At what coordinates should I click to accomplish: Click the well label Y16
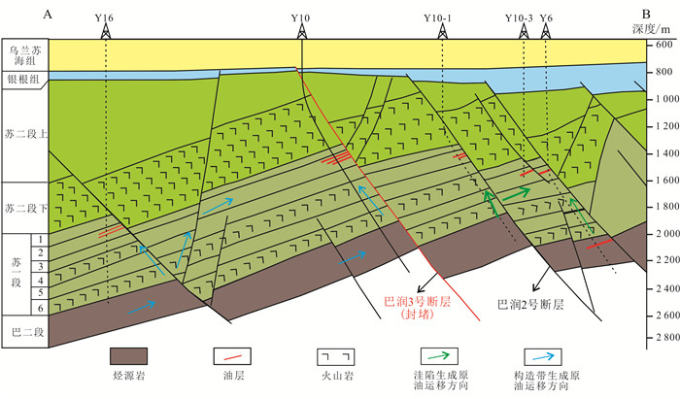click(x=104, y=17)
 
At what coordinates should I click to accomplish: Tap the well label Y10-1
click(x=442, y=17)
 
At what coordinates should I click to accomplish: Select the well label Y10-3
click(x=521, y=17)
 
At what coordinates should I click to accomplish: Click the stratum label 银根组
click(x=23, y=80)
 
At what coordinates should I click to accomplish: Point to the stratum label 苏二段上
click(x=24, y=132)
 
